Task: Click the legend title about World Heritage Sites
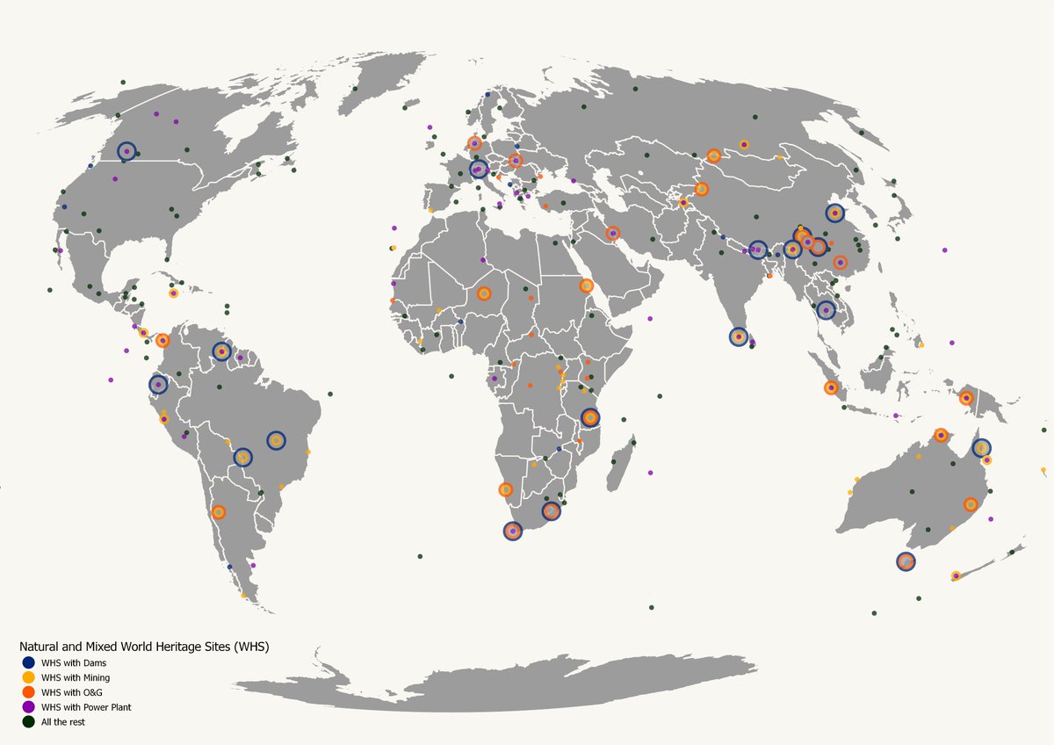coord(144,647)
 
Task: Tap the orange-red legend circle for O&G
coord(28,692)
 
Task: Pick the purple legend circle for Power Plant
coord(28,707)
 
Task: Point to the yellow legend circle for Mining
coord(28,677)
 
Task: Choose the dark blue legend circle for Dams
coord(28,662)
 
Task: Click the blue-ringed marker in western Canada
coord(126,151)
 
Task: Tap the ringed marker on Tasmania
coord(906,561)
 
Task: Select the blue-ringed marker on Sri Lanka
coord(739,336)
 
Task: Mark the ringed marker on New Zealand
coord(956,575)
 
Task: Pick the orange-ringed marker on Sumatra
coord(831,387)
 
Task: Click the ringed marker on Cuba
coord(173,293)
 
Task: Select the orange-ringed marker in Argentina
coord(219,511)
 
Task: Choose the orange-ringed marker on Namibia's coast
coord(506,489)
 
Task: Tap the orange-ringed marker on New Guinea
coord(966,397)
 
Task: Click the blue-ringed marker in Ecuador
coord(158,384)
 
